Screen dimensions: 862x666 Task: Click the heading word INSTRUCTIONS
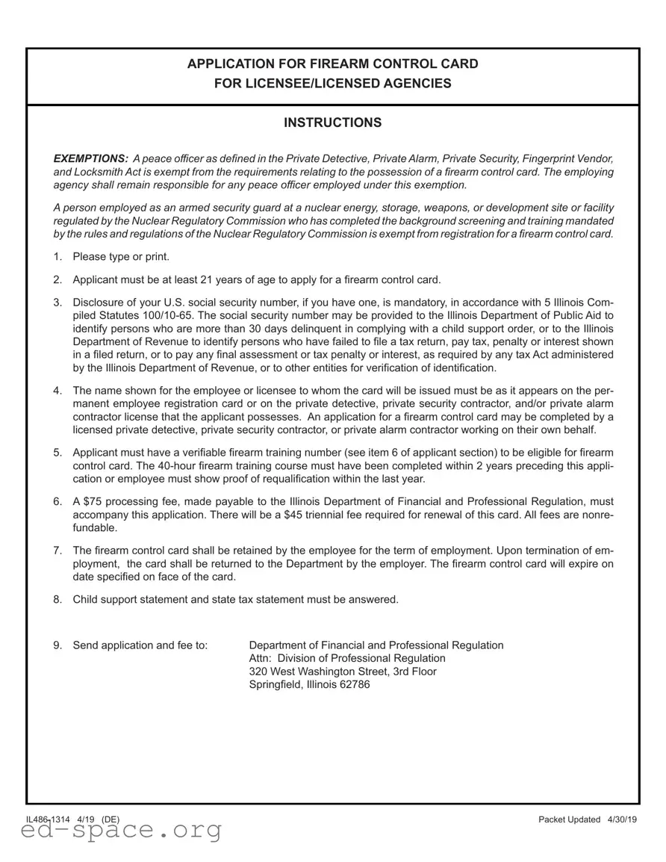(x=332, y=123)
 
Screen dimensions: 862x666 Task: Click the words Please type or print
(x=121, y=257)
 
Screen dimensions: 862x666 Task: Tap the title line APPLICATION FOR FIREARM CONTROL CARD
(x=332, y=64)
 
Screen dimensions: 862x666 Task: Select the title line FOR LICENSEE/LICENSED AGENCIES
(x=332, y=84)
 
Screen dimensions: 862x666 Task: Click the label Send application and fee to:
(x=140, y=645)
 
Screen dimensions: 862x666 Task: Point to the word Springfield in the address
(x=276, y=685)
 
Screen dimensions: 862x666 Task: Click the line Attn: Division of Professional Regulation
(x=346, y=658)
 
